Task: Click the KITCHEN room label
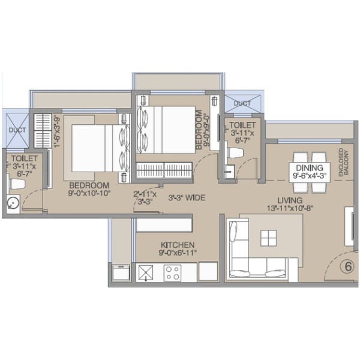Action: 178,245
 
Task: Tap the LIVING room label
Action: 290,200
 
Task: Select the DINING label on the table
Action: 309,167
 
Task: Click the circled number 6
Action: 348,266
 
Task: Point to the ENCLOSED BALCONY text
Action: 343,162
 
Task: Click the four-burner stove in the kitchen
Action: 172,273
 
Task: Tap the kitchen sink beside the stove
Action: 146,273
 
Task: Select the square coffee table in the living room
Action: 268,238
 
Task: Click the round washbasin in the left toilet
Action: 13,203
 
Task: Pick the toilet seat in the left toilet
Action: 17,184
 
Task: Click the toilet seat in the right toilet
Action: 235,153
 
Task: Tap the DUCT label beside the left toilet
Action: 17,130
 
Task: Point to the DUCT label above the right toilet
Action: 242,103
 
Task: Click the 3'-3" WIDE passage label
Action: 187,197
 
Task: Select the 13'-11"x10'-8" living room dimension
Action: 290,208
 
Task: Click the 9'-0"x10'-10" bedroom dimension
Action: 89,193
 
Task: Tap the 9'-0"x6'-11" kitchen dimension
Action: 178,253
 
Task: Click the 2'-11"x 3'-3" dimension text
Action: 145,198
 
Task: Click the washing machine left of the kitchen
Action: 121,273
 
